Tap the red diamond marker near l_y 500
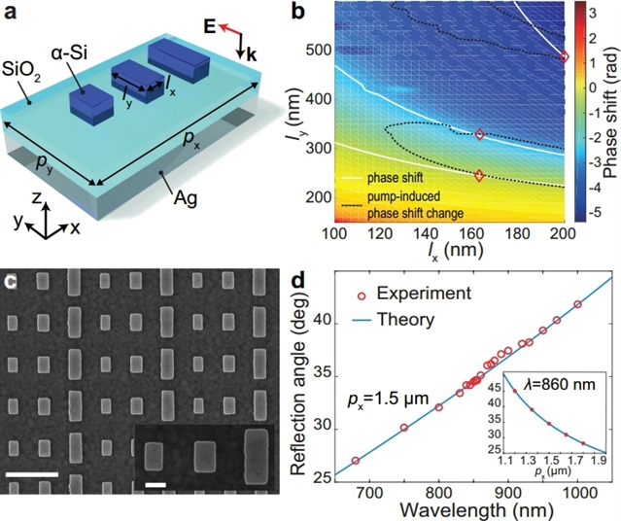coord(565,57)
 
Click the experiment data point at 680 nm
coord(356,461)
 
